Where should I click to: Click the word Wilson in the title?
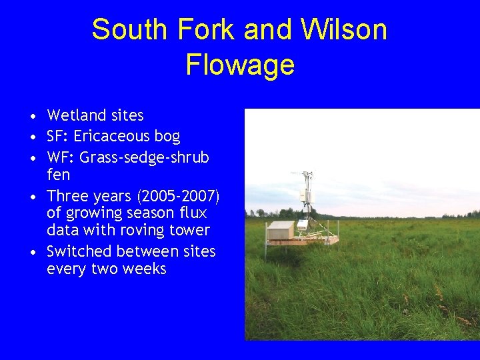pos(344,30)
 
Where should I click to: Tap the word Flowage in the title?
pos(239,65)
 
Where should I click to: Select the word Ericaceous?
pos(111,137)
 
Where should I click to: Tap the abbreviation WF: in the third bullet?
pos(60,158)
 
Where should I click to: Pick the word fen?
pos(58,175)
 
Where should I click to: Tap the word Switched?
pos(79,251)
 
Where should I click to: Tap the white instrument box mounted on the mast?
pos(305,195)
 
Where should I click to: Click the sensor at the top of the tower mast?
pos(308,175)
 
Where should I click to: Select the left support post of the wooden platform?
pos(267,252)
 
